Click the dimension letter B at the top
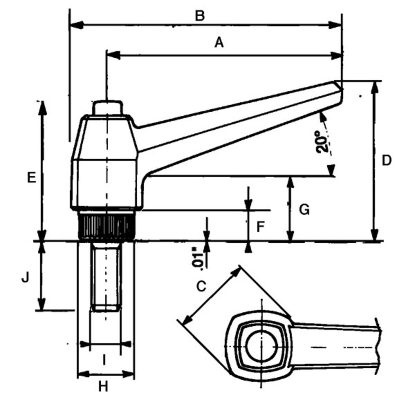pyautogui.click(x=200, y=16)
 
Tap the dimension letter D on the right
pyautogui.click(x=386, y=160)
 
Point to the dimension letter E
pyautogui.click(x=31, y=178)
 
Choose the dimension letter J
pyautogui.click(x=25, y=278)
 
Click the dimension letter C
pyautogui.click(x=201, y=286)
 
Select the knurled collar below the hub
pyautogui.click(x=106, y=226)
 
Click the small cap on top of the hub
pyautogui.click(x=107, y=107)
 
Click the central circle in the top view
pyautogui.click(x=261, y=347)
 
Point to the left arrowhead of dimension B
pyautogui.click(x=76, y=25)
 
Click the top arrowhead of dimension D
pyautogui.click(x=374, y=87)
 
